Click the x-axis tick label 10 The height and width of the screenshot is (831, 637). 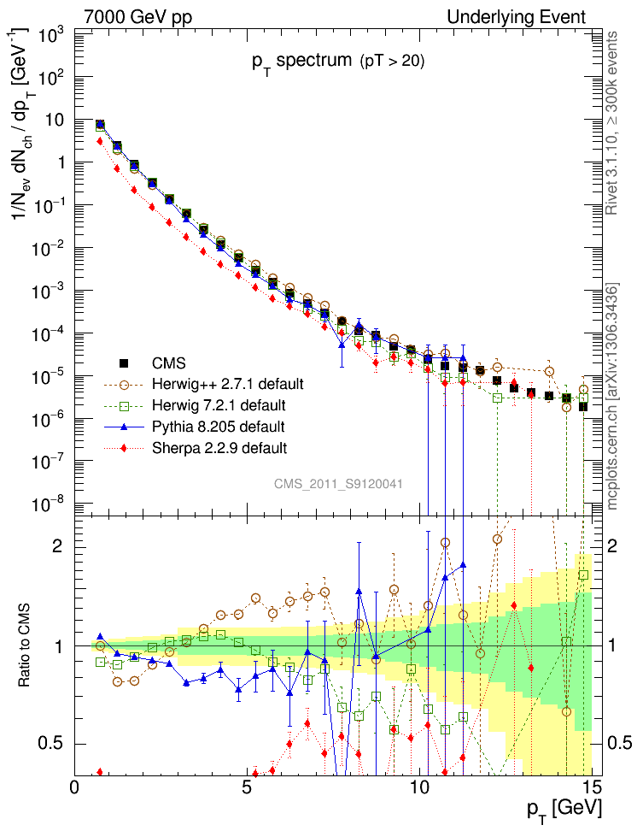click(419, 787)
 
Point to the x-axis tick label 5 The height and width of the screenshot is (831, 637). click(247, 787)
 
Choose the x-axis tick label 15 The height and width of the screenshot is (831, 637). click(592, 787)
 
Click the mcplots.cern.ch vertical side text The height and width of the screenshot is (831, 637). click(613, 395)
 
